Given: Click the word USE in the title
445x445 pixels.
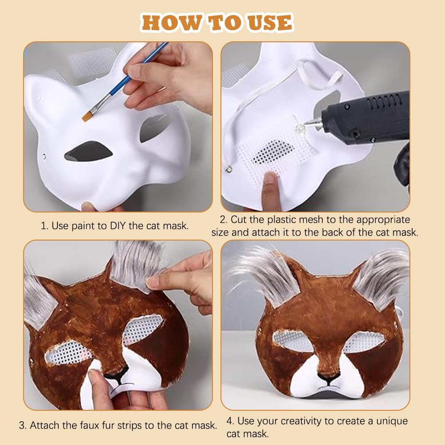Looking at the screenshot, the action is pos(270,23).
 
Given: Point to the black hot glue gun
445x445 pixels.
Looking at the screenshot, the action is pos(366,119).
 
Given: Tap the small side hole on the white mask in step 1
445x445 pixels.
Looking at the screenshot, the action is pos(44,156).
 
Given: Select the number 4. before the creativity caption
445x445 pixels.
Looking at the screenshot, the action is pos(230,421).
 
